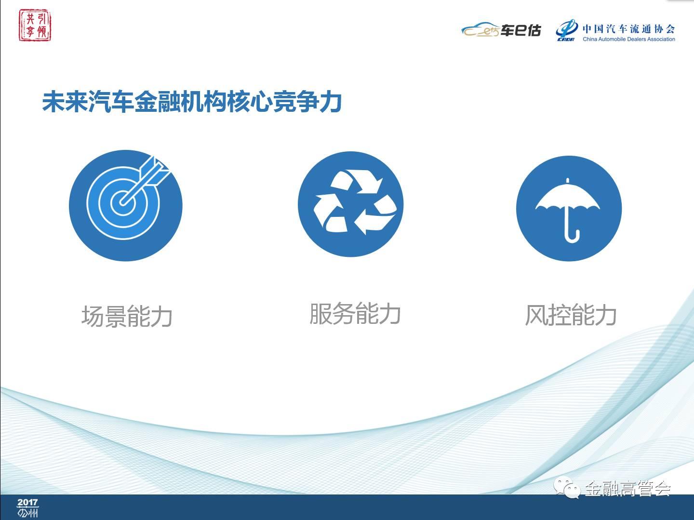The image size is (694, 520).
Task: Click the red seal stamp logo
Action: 35,26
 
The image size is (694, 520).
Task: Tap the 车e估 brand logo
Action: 501,30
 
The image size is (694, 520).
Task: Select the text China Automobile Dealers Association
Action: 628,39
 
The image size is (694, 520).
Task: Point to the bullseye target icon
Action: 126,206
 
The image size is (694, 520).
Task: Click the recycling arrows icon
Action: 350,204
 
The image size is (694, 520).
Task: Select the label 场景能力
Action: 127,317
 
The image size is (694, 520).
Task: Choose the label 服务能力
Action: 355,314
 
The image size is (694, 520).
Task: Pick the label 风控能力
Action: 571,315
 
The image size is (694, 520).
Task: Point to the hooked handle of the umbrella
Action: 572,235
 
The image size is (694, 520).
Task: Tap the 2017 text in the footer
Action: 27,503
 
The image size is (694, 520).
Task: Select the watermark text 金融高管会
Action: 627,489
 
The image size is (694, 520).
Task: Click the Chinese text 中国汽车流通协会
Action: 628,29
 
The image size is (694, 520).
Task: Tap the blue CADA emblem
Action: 567,30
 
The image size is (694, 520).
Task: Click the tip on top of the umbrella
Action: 568,181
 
